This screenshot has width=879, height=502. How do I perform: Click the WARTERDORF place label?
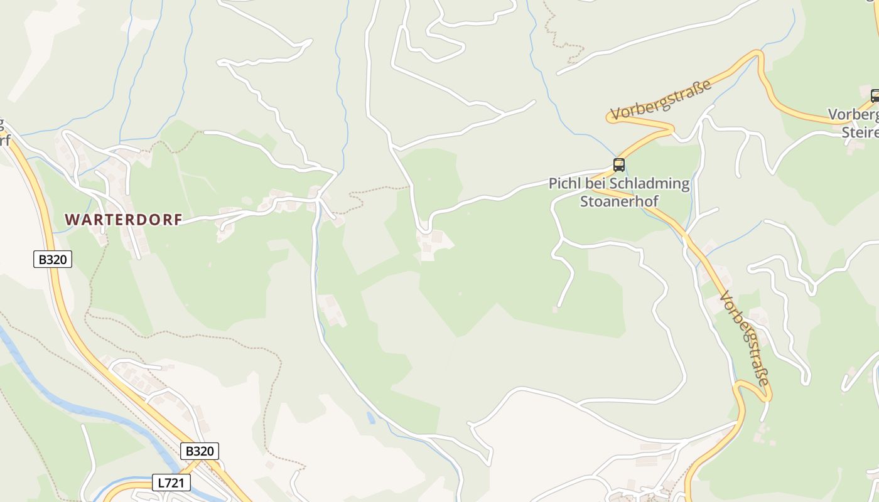coord(124,220)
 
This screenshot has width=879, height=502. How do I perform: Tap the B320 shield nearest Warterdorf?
coord(53,259)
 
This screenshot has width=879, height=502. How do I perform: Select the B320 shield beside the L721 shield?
coord(200,451)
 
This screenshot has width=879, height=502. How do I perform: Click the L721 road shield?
coord(171,483)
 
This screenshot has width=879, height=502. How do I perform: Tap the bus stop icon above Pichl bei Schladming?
coord(618,165)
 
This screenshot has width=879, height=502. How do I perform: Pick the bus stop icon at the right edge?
coord(875,96)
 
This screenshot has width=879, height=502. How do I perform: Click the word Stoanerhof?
coord(618,201)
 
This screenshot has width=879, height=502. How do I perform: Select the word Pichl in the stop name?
coord(563,184)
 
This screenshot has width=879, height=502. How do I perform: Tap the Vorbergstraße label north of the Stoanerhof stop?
coord(661,99)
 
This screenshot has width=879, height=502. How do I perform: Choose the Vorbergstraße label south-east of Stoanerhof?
coord(745,339)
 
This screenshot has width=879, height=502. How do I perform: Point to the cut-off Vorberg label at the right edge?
coord(853,115)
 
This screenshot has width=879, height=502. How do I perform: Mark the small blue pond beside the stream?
coord(371,417)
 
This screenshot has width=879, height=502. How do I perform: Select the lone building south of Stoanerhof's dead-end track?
coord(555,309)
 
